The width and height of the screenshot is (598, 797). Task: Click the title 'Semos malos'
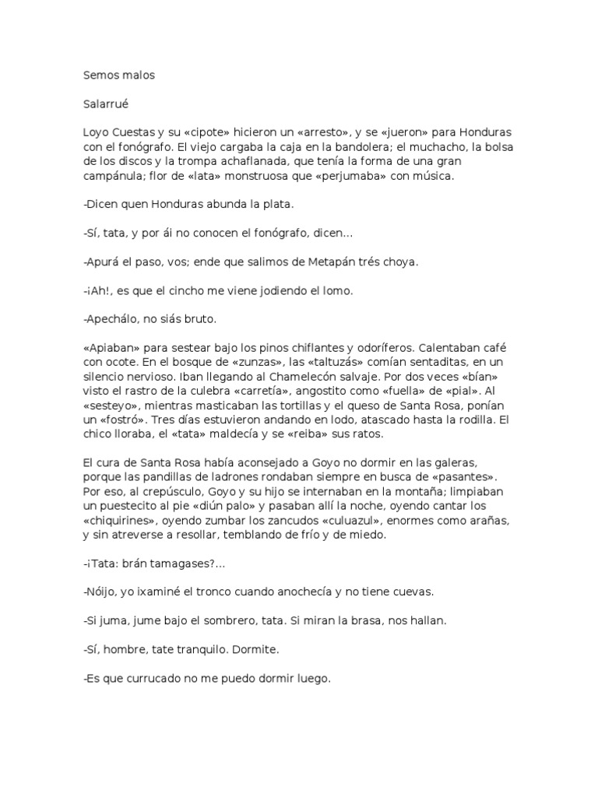[119, 75]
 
